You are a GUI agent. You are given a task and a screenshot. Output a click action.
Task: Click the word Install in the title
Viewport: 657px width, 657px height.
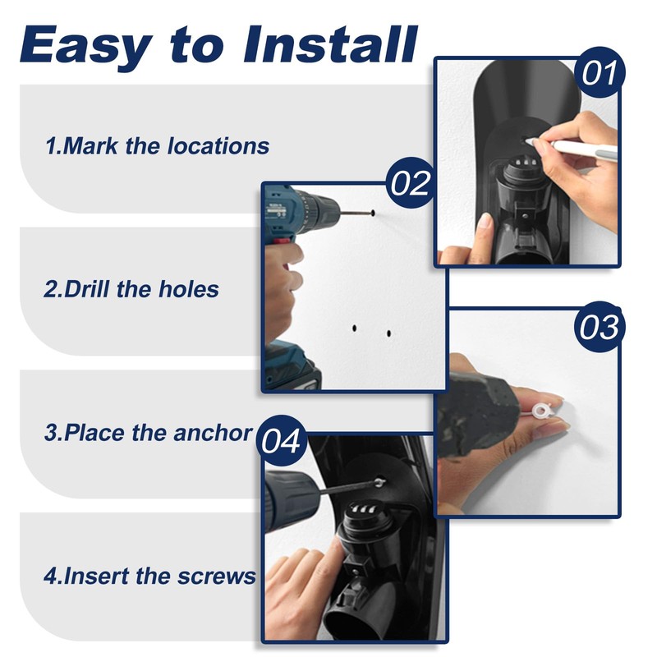pos(331,44)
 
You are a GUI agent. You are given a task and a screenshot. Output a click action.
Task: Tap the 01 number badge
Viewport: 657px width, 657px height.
pos(599,72)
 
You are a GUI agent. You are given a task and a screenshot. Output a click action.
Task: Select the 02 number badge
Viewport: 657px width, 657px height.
pos(410,183)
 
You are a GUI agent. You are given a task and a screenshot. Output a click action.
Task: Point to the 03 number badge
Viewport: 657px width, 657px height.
pos(599,327)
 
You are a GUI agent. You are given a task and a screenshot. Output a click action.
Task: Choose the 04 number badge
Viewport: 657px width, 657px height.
pos(281,441)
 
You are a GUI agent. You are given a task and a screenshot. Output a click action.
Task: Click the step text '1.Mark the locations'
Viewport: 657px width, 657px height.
pos(157,146)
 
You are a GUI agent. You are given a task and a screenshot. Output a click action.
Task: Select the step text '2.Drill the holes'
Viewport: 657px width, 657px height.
pos(131,289)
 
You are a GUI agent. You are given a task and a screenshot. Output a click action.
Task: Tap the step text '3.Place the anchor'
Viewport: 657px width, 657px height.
pos(149,433)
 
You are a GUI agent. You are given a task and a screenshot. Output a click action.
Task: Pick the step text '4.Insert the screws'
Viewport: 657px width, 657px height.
pos(149,576)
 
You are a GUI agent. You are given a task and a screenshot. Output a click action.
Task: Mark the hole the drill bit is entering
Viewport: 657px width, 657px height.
pos(372,214)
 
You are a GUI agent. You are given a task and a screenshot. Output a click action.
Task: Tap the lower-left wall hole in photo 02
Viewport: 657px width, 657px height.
pos(355,328)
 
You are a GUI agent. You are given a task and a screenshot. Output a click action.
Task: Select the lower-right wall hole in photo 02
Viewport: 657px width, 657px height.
pos(388,334)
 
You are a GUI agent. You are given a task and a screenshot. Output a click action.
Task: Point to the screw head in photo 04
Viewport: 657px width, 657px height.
pos(379,482)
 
